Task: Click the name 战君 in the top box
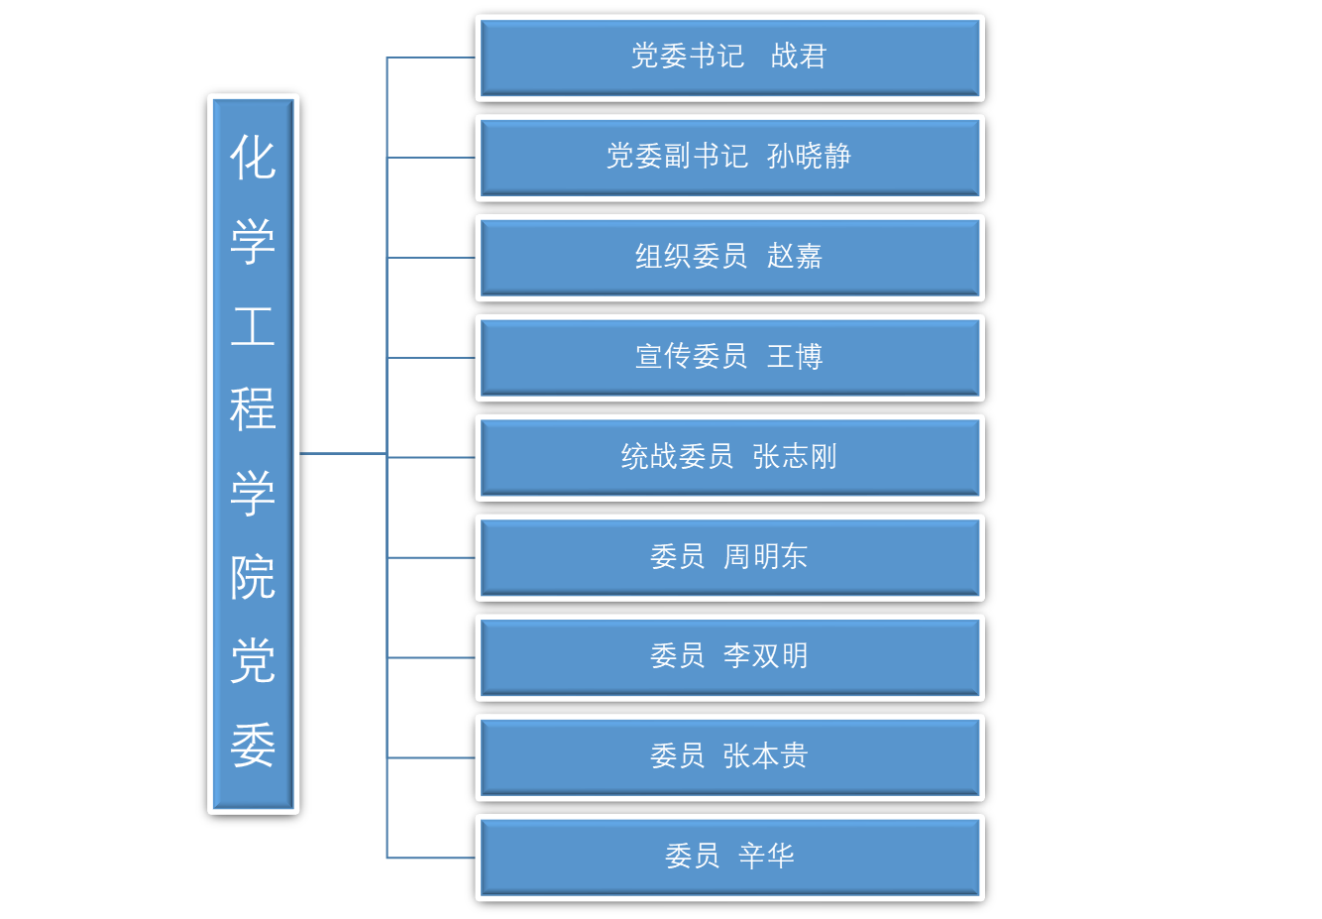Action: point(798,57)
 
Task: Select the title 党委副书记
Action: point(677,157)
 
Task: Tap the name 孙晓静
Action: point(809,157)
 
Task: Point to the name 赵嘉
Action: point(794,257)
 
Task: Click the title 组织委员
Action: point(691,257)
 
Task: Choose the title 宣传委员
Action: point(691,357)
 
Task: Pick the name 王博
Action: point(794,357)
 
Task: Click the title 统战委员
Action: point(677,457)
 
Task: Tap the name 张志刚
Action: point(795,457)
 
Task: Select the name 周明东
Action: point(765,557)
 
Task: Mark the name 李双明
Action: point(765,656)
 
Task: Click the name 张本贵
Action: point(765,756)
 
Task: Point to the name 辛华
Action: point(766,857)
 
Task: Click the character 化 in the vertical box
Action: point(253,158)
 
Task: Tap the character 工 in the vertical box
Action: point(253,326)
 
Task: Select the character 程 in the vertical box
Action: point(253,409)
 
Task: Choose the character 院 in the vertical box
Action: point(253,577)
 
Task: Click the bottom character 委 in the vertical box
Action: point(253,746)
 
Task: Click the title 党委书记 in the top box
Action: point(688,57)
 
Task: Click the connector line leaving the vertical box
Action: point(342,453)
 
